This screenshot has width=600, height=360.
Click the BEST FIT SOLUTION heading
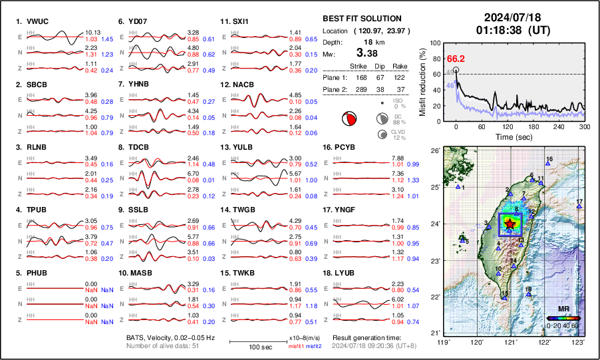(x=361, y=19)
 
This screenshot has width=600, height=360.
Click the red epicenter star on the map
(x=510, y=225)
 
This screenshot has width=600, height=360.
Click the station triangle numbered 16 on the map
(x=547, y=164)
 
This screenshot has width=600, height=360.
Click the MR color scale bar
(x=562, y=318)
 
